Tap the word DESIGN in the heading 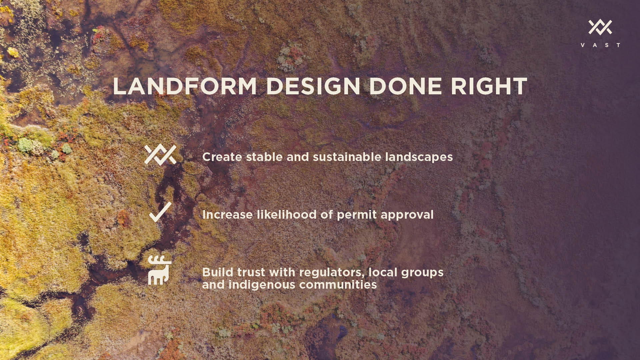coord(313,86)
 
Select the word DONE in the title coord(405,86)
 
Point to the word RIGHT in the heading coord(489,86)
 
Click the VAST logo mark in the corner coord(600,27)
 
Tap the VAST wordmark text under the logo coord(600,45)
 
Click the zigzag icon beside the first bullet coord(160,155)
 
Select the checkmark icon coord(160,212)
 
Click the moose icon coord(160,270)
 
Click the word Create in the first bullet coord(222,157)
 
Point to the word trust coord(251,272)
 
